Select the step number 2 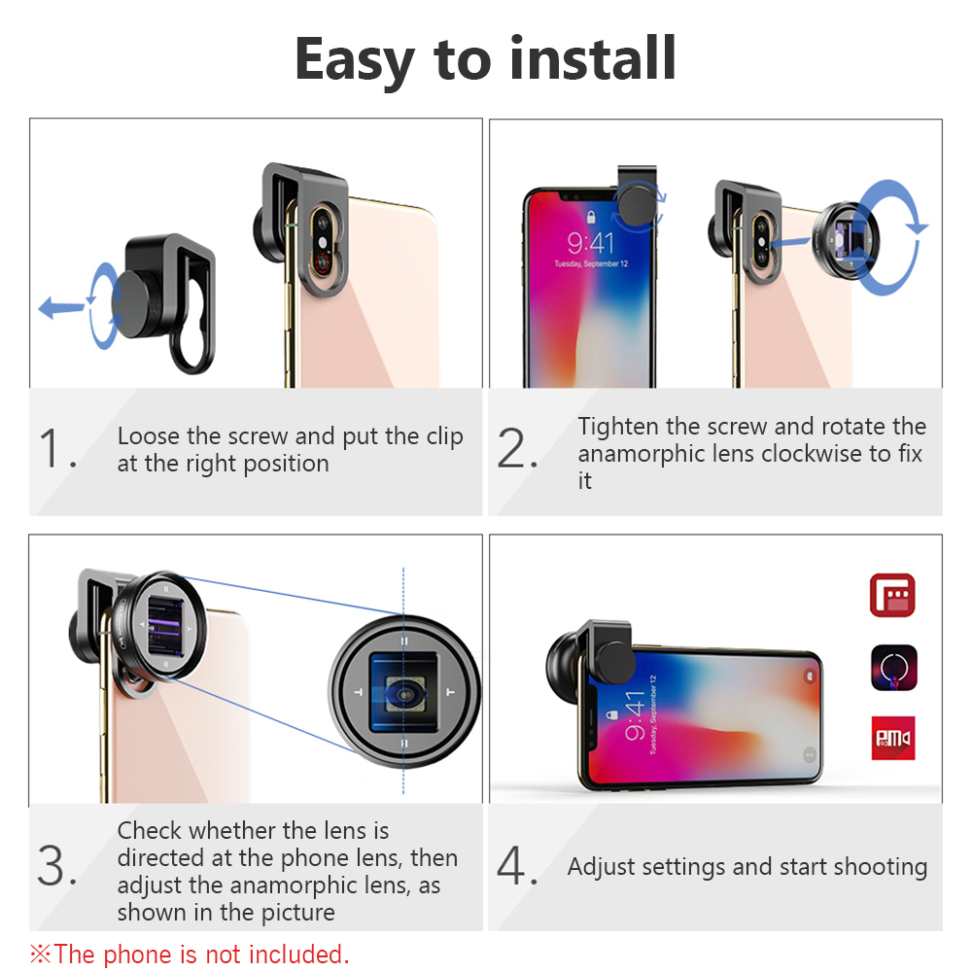pyautogui.click(x=516, y=447)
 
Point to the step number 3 pyautogui.click(x=56, y=865)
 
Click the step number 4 pyautogui.click(x=516, y=865)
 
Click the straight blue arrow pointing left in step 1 pyautogui.click(x=60, y=307)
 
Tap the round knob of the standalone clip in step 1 pyautogui.click(x=138, y=303)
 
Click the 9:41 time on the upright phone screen pyautogui.click(x=591, y=243)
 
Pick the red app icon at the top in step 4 pyautogui.click(x=892, y=595)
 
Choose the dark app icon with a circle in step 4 pyautogui.click(x=893, y=668)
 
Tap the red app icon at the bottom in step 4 pyautogui.click(x=893, y=739)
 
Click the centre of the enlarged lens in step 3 pyautogui.click(x=404, y=692)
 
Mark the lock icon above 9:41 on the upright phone pyautogui.click(x=591, y=217)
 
